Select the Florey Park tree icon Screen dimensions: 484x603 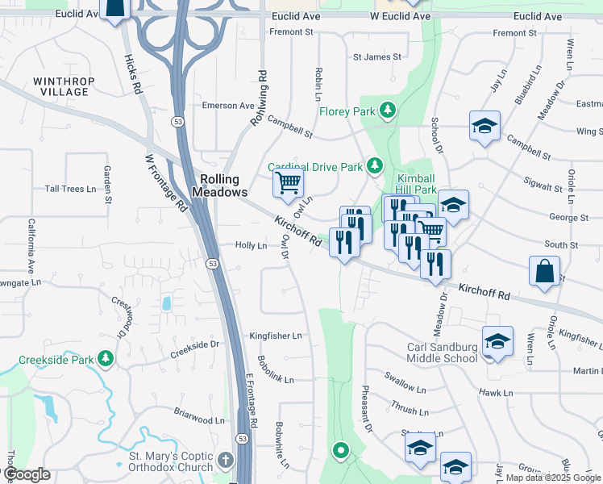(389, 110)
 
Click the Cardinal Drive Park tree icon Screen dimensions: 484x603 (374, 165)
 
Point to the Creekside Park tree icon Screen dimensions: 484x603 (105, 357)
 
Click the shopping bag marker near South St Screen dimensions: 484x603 (545, 272)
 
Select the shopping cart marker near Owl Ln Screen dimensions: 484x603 (288, 182)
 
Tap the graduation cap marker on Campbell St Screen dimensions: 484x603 (485, 126)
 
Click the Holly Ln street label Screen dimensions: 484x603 (251, 245)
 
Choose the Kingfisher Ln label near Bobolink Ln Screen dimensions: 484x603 (275, 336)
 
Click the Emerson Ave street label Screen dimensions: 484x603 (228, 106)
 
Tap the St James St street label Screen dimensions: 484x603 (376, 57)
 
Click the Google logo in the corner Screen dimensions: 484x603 (27, 474)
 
